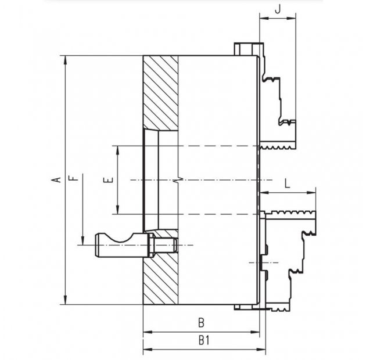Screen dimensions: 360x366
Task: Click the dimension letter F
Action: coord(71,179)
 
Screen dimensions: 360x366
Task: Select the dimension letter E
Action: coord(107,181)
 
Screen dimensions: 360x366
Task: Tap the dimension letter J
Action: coord(277,9)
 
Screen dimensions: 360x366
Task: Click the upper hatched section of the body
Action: coord(160,93)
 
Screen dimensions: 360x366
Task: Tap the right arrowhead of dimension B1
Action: coord(264,350)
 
